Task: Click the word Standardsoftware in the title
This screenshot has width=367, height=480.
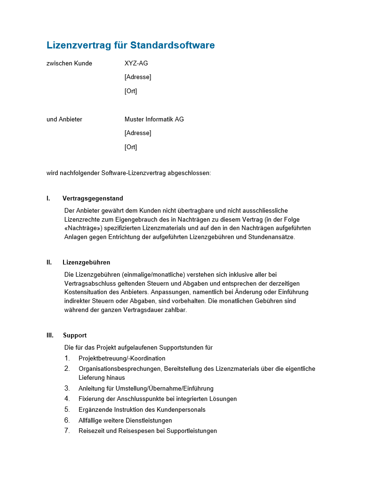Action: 172,46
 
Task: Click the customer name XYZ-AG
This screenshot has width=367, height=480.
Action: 136,64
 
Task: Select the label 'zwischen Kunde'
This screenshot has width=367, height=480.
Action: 69,64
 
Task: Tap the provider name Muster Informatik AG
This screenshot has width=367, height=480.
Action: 154,120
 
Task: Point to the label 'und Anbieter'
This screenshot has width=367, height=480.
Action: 64,120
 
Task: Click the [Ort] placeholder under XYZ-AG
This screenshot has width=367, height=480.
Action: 130,91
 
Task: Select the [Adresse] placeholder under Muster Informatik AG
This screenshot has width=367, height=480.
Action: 137,133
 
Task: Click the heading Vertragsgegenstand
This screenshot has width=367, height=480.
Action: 93,199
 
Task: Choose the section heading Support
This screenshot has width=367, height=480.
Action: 75,336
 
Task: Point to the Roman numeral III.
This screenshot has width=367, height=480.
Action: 50,336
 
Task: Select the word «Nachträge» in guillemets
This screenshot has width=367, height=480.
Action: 83,228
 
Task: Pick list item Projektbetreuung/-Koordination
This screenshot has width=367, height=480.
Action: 122,359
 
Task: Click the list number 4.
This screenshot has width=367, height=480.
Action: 67,399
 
